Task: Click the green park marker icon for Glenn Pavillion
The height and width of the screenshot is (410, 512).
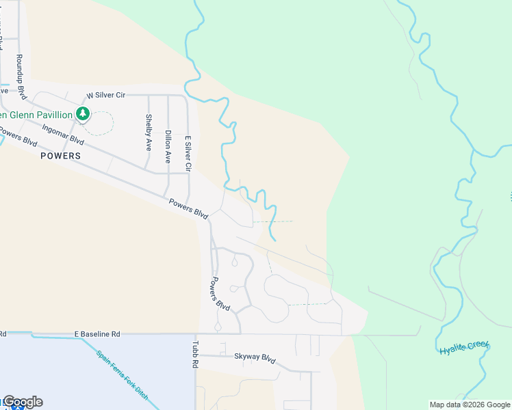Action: pos(83,113)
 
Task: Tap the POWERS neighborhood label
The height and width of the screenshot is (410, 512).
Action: pos(60,156)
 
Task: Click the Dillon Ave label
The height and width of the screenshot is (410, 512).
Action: pos(168,146)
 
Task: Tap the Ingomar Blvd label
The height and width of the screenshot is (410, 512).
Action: pos(63,134)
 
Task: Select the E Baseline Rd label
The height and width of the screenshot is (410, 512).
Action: pos(97,334)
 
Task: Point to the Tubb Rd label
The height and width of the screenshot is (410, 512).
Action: pos(195,355)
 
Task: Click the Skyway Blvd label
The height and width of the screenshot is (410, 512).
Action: pos(254,357)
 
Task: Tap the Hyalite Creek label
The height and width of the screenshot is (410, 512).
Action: pos(464,348)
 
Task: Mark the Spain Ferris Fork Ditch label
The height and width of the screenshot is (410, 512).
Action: pos(123,375)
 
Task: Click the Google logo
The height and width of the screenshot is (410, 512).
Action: pos(23,402)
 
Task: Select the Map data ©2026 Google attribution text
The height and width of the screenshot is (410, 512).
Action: pos(470,405)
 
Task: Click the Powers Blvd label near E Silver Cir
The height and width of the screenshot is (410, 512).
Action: pos(189,208)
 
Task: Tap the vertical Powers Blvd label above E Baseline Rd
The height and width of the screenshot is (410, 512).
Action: pos(220,294)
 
